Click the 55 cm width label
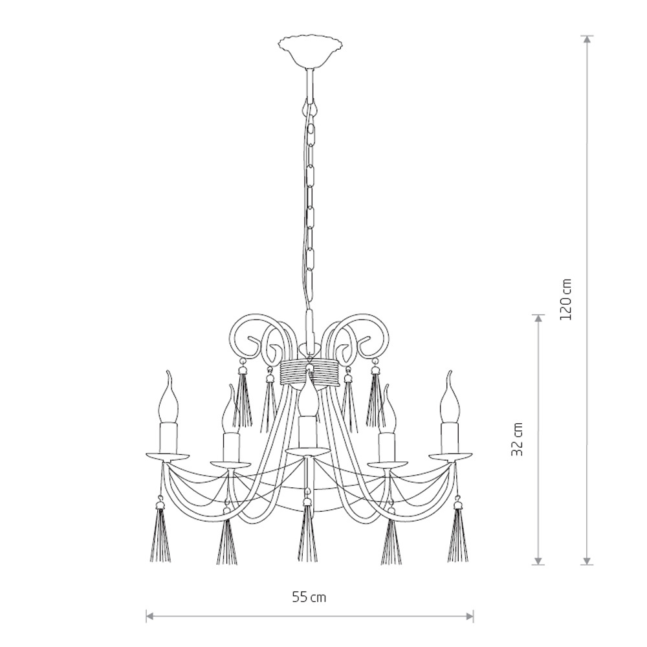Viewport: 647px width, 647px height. (x=309, y=597)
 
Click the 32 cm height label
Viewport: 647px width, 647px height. (x=517, y=439)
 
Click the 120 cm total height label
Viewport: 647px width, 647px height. (x=565, y=299)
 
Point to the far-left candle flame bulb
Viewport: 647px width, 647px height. (x=169, y=397)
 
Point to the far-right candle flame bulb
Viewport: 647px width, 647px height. (x=450, y=397)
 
